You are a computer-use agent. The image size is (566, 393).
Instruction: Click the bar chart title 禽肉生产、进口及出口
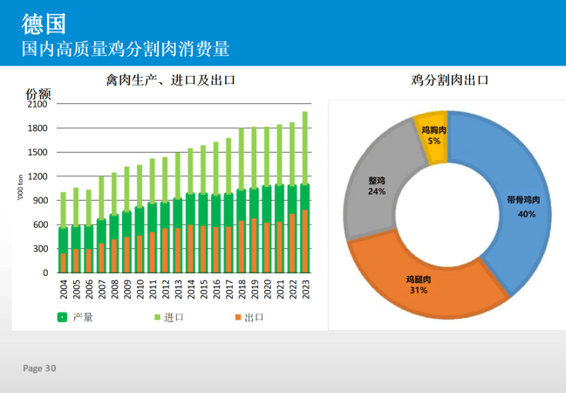click(x=170, y=80)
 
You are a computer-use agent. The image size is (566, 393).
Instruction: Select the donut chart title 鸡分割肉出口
click(x=449, y=80)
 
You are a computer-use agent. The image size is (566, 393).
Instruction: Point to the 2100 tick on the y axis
click(x=38, y=104)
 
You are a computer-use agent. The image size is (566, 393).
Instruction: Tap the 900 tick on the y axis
click(x=40, y=200)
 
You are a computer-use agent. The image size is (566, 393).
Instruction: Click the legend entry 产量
click(x=83, y=317)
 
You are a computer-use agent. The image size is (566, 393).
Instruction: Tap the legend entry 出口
click(x=254, y=317)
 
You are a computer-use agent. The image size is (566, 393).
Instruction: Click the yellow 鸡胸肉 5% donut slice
click(x=432, y=135)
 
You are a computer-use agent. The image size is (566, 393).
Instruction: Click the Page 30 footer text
click(x=39, y=369)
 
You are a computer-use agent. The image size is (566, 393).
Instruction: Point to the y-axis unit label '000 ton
click(x=20, y=189)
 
